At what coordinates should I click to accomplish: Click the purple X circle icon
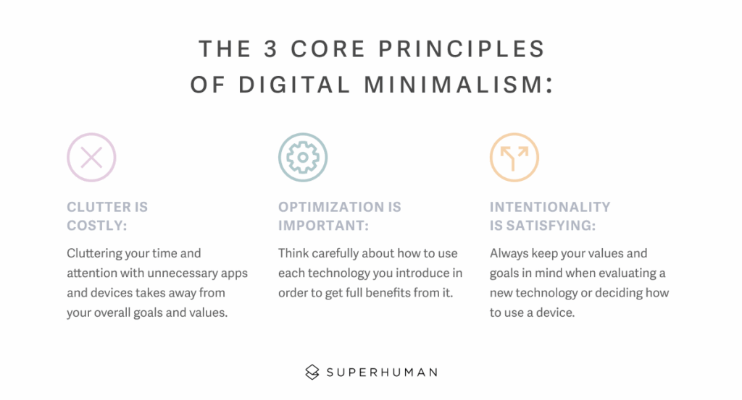tap(91, 157)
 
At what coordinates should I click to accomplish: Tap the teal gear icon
tap(303, 157)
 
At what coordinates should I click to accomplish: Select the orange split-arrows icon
tap(514, 157)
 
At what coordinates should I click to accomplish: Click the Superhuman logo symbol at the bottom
tap(312, 373)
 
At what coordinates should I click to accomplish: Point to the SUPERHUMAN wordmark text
tap(381, 373)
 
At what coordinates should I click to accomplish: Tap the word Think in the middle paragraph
tap(295, 253)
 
